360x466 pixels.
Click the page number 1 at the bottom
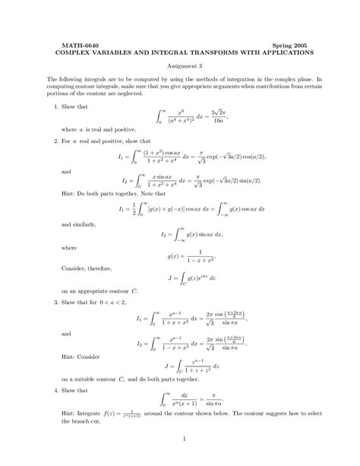pos(180,439)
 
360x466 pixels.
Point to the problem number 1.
pos(57,107)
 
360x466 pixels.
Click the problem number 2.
pos(57,142)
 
